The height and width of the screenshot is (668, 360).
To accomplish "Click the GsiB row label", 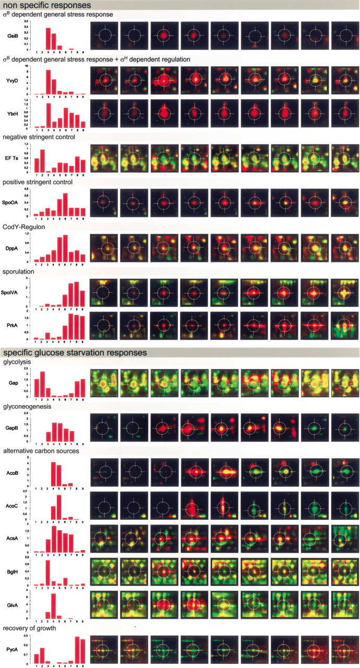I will (10, 35).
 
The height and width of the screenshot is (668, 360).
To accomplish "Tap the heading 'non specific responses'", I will (47, 5).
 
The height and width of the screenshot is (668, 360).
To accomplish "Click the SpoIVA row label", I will (11, 293).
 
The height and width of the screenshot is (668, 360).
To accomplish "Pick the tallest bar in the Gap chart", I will (42, 384).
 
